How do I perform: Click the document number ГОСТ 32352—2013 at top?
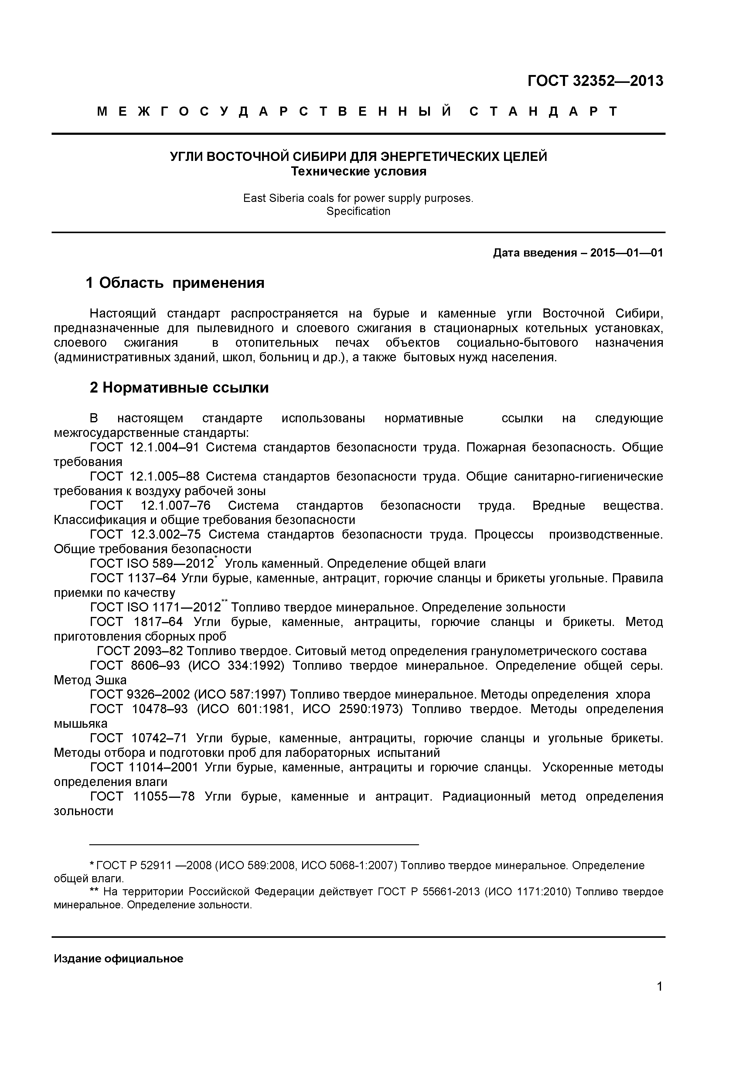point(595,81)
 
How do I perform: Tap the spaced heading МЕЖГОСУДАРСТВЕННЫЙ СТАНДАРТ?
point(357,111)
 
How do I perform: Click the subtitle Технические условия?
point(358,172)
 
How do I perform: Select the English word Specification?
point(358,212)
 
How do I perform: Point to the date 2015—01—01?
point(626,253)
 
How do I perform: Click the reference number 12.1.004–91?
point(165,447)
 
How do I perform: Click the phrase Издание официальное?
point(118,959)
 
